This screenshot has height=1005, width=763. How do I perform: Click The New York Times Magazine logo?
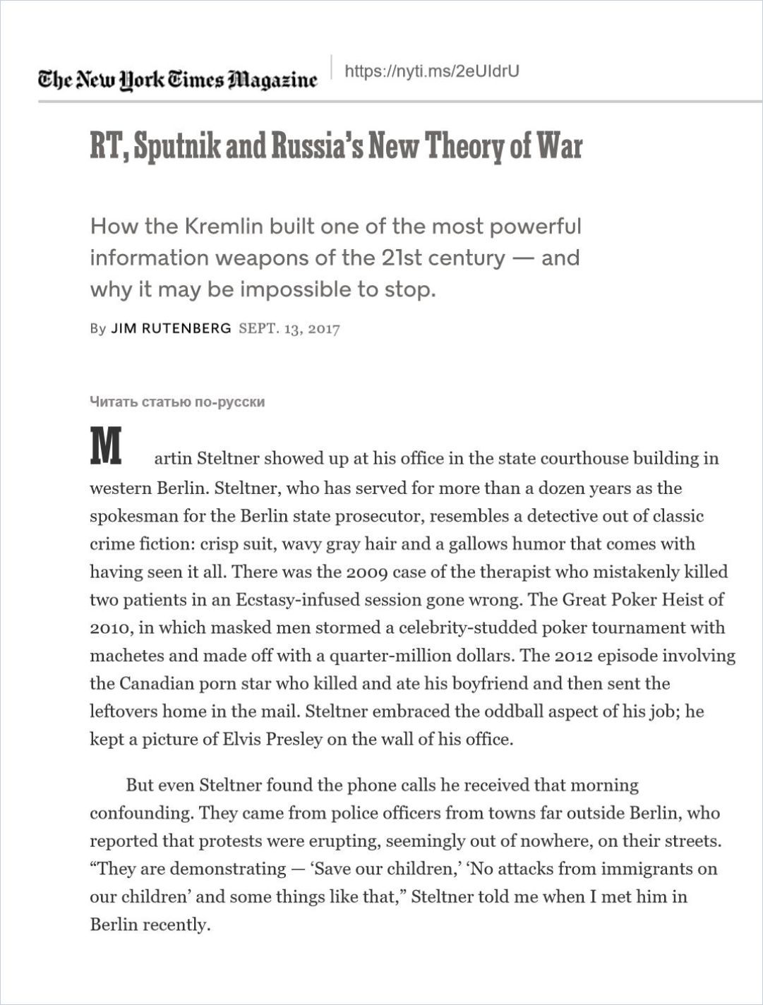(x=178, y=79)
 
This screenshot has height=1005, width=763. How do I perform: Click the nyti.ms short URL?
(x=431, y=71)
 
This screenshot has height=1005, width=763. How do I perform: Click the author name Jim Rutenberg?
(x=171, y=328)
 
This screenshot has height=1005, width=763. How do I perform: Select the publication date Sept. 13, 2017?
(x=289, y=329)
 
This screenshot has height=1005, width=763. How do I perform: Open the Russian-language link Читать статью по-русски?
(x=177, y=402)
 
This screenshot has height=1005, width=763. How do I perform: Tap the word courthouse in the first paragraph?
(x=583, y=459)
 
